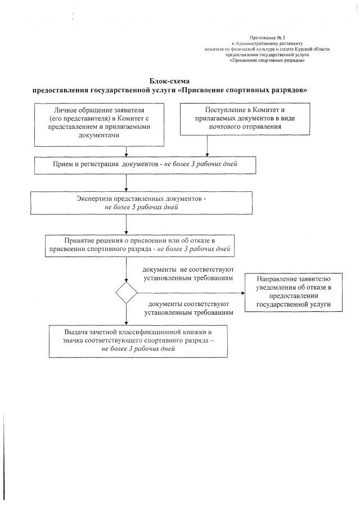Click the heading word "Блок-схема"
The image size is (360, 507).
coord(172,82)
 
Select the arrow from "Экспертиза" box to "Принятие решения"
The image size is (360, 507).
coord(125,223)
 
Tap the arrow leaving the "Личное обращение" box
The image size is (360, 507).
coord(125,150)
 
